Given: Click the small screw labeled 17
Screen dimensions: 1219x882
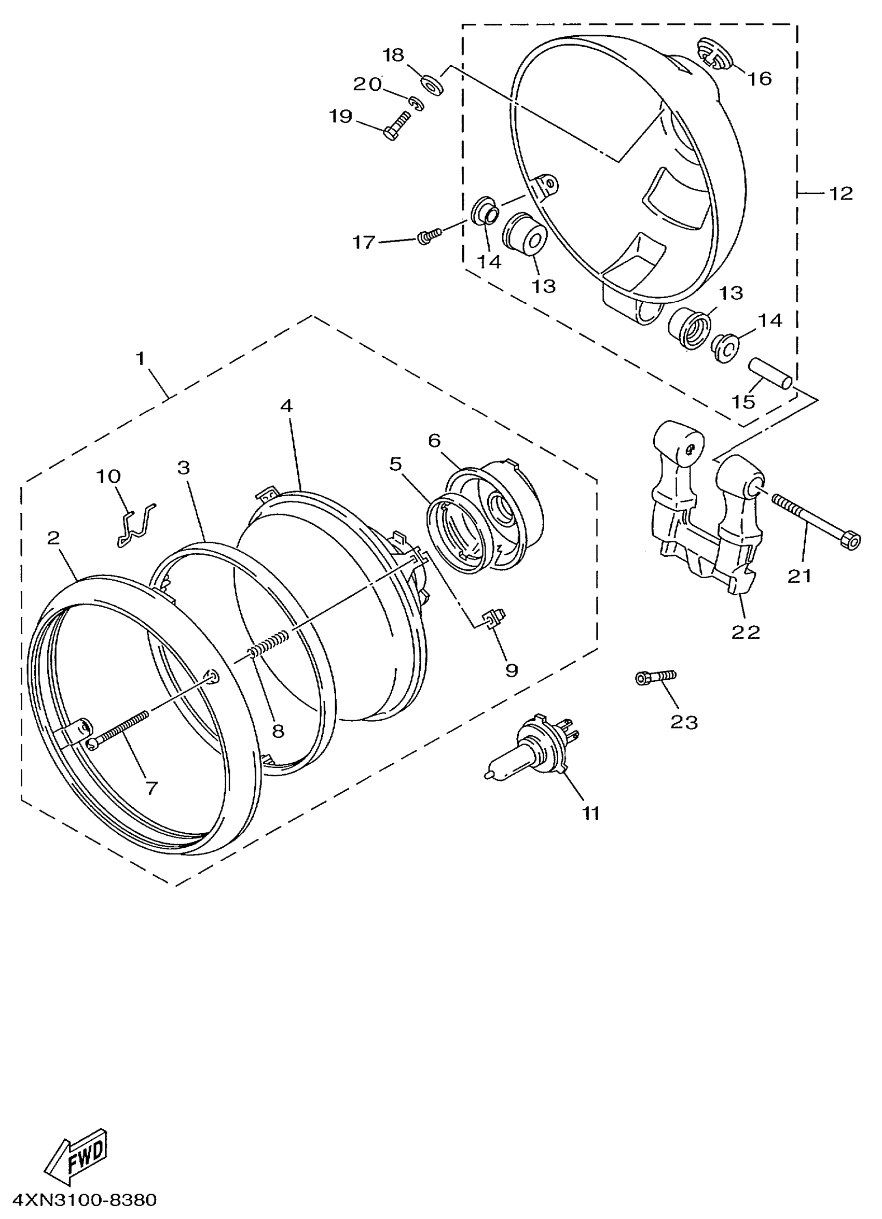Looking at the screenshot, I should [429, 235].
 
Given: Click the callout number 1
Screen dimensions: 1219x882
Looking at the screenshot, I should [141, 358].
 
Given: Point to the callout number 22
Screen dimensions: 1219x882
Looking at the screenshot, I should [746, 632].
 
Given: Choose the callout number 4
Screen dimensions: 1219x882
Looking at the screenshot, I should [286, 407].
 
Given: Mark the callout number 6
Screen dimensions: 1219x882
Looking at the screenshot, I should [434, 441].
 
